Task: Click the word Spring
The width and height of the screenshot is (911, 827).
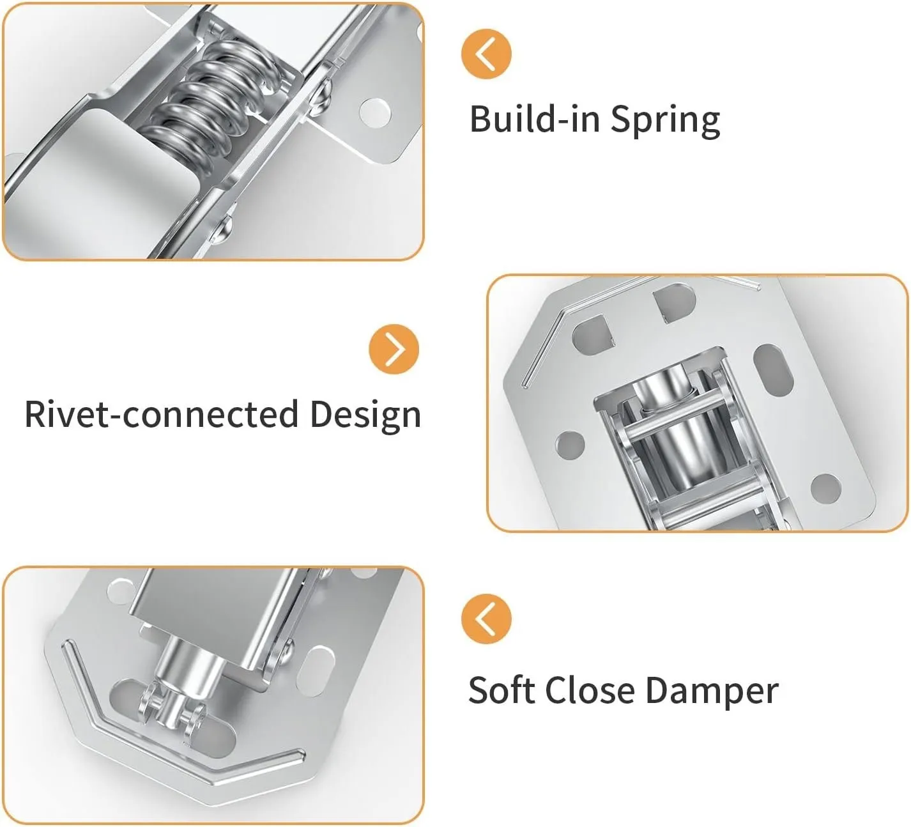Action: tap(665, 120)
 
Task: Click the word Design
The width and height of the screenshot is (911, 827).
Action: tap(365, 414)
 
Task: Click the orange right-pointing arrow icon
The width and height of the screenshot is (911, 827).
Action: tap(394, 350)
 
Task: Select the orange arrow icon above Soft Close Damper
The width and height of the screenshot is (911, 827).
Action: tap(486, 619)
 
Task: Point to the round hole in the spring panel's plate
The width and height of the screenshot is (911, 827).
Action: tap(374, 112)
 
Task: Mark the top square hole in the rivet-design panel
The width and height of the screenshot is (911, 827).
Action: tap(674, 302)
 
